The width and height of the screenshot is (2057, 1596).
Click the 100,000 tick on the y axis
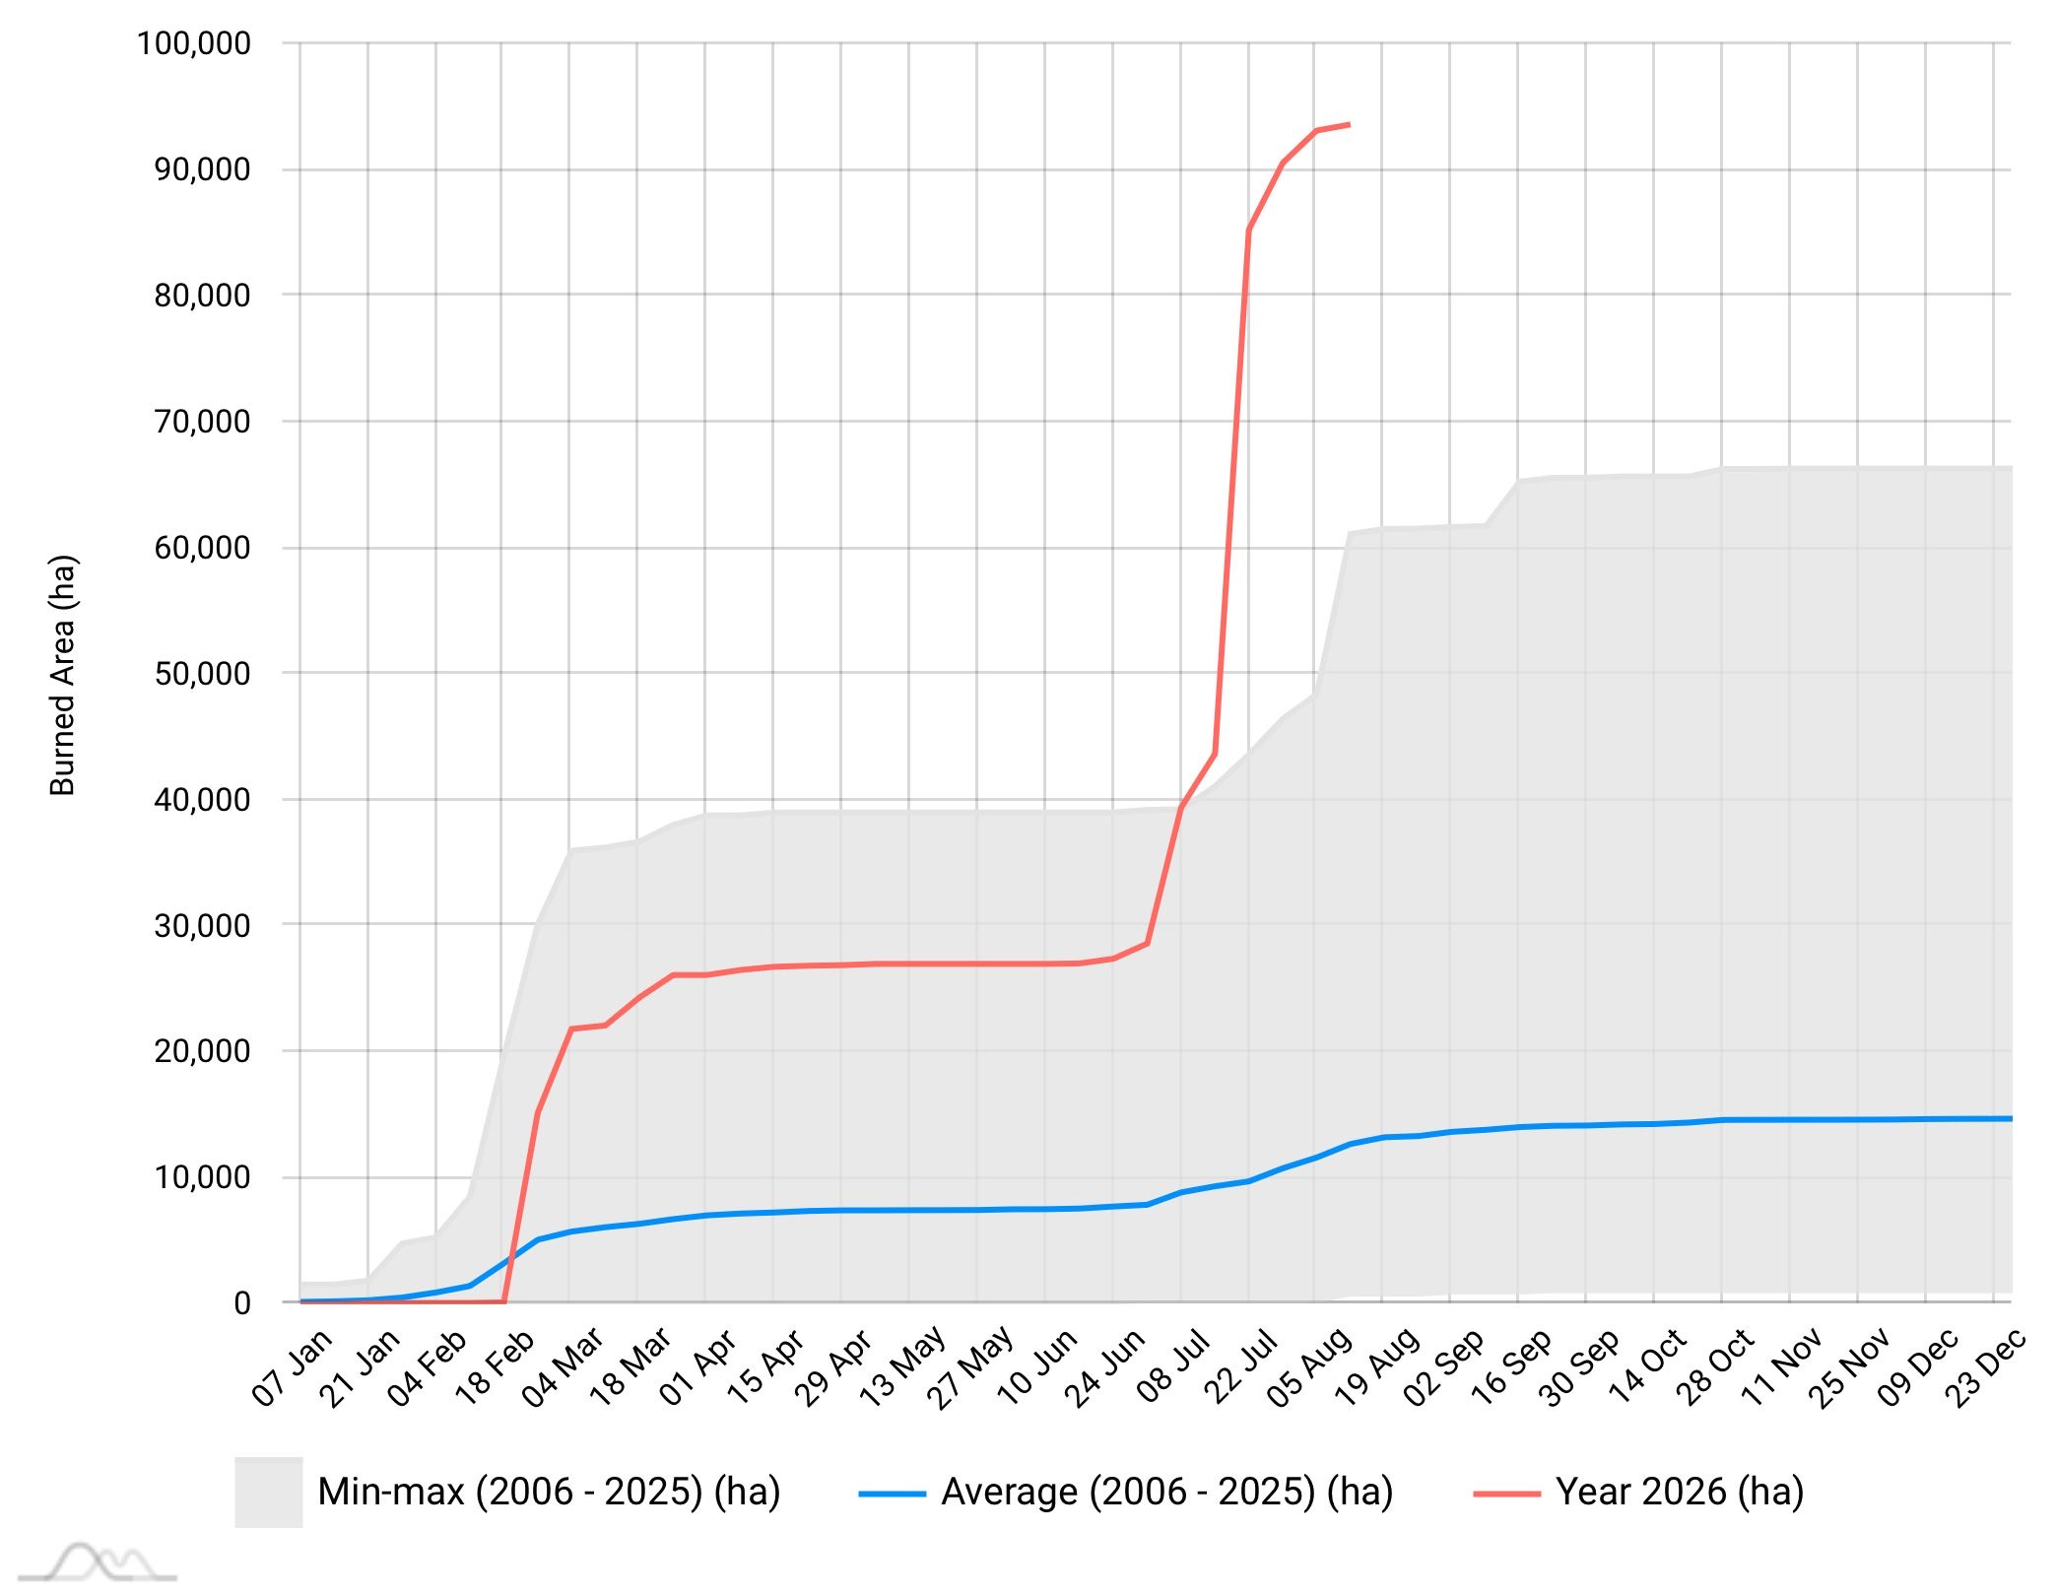194,43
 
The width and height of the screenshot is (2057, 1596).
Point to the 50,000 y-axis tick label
202,674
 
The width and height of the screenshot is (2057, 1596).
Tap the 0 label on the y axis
242,1302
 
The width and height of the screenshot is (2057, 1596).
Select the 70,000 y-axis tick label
202,422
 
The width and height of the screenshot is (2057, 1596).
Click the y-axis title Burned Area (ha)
62,676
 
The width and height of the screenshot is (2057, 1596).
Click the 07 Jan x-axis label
293,1366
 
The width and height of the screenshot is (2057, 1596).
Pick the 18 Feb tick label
496,1366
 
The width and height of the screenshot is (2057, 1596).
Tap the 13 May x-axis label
902,1366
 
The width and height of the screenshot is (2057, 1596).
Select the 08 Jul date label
1173,1366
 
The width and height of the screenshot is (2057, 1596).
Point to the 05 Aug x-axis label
1308,1366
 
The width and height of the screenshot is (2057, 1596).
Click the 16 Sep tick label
1512,1366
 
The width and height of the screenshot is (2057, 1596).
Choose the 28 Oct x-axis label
1715,1366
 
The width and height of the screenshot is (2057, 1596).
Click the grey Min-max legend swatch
268,1492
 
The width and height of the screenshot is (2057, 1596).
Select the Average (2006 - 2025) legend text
1167,1492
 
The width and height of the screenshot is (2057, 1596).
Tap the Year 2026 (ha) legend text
1680,1492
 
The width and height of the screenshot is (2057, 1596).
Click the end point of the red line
1349,124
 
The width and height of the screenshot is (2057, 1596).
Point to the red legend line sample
1507,1494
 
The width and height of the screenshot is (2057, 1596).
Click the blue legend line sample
893,1494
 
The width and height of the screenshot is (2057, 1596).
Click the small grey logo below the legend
98,1563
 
